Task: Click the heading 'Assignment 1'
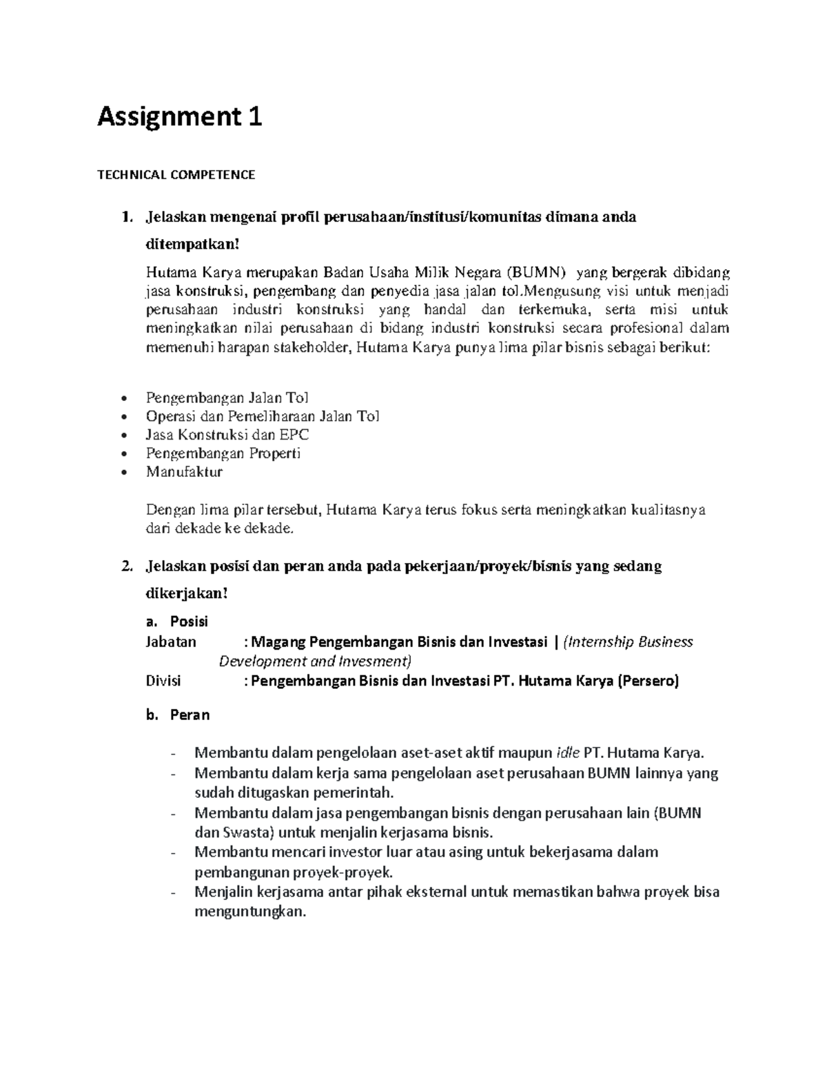(179, 118)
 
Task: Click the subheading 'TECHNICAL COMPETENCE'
(176, 175)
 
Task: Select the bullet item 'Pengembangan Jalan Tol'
(227, 398)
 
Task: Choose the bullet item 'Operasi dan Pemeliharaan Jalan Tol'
(262, 416)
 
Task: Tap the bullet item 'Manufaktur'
(184, 472)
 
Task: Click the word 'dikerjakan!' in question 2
(186, 593)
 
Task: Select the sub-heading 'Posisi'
(189, 621)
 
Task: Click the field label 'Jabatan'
(171, 642)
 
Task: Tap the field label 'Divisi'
(163, 681)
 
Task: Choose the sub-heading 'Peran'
(190, 715)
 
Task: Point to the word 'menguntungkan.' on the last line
(249, 912)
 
